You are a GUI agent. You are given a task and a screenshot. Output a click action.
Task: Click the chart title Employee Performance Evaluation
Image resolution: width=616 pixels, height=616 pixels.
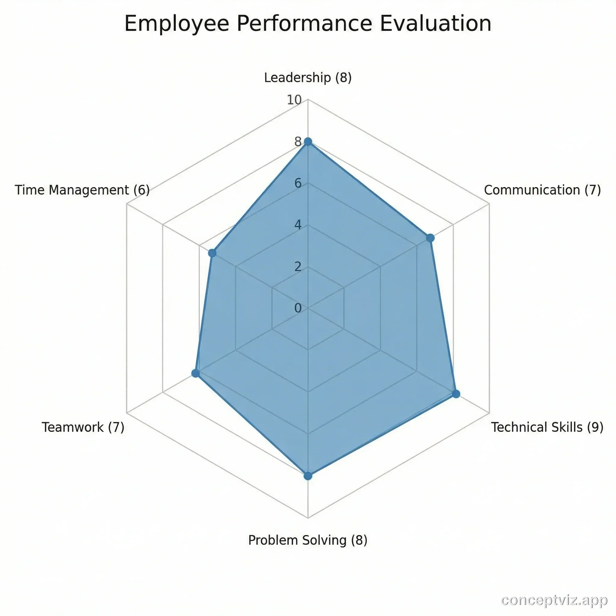pyautogui.click(x=308, y=23)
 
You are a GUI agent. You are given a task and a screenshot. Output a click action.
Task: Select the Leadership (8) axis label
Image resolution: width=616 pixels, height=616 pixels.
pyautogui.click(x=308, y=78)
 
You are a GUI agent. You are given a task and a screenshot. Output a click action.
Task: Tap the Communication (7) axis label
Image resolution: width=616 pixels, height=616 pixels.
pyautogui.click(x=542, y=190)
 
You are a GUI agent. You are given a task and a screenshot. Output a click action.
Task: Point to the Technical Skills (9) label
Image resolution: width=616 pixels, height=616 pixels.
pyautogui.click(x=547, y=427)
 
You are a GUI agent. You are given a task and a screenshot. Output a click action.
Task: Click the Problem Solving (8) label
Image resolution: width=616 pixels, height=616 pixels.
pyautogui.click(x=308, y=540)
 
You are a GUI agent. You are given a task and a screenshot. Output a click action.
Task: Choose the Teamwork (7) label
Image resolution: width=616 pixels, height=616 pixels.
pyautogui.click(x=83, y=427)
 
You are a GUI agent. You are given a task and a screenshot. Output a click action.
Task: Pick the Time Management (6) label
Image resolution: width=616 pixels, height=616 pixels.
pyautogui.click(x=82, y=190)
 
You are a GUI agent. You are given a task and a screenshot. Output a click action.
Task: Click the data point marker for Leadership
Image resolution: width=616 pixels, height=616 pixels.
pyautogui.click(x=308, y=142)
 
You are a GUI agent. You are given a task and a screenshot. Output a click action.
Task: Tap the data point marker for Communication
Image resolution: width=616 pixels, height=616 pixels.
pyautogui.click(x=430, y=238)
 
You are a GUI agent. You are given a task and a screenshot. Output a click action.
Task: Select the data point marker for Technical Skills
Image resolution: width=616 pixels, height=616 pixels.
pyautogui.click(x=456, y=394)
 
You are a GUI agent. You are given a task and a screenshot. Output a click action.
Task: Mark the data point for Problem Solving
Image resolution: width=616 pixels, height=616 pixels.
pyautogui.click(x=308, y=476)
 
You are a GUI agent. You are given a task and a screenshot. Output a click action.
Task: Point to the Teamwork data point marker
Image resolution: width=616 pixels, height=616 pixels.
pyautogui.click(x=196, y=373)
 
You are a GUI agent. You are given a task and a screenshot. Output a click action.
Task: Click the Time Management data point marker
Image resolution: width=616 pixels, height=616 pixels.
pyautogui.click(x=212, y=253)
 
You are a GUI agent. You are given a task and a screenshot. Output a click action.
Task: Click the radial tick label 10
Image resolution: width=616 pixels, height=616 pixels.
pyautogui.click(x=294, y=100)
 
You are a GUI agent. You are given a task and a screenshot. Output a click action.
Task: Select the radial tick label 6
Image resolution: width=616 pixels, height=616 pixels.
pyautogui.click(x=298, y=183)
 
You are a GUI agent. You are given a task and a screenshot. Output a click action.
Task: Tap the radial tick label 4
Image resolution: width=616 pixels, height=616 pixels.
pyautogui.click(x=298, y=225)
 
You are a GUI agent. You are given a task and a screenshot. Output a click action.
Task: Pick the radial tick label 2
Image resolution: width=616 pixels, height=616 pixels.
pyautogui.click(x=298, y=267)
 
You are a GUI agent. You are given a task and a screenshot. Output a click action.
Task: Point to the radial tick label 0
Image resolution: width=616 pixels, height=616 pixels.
pyautogui.click(x=298, y=308)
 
